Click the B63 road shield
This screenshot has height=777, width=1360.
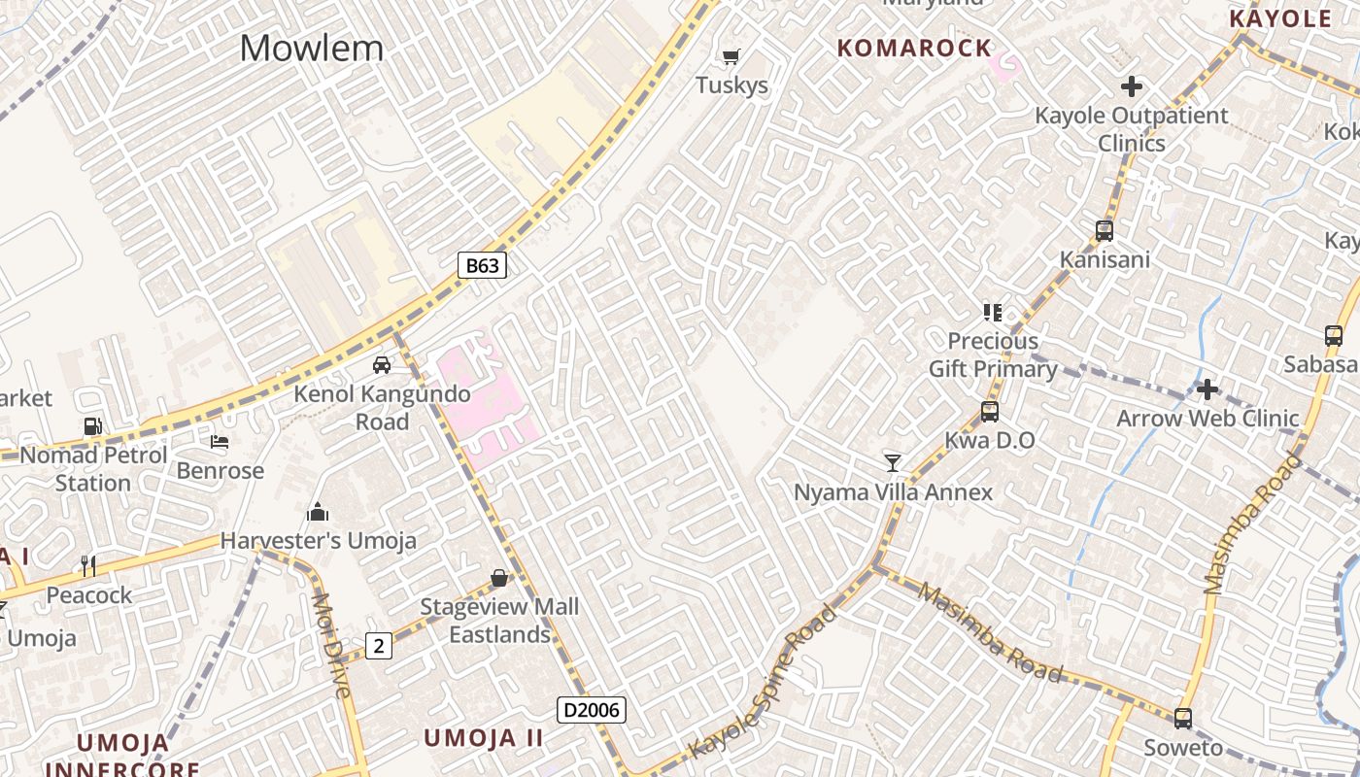tap(483, 265)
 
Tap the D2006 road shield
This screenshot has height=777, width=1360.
tap(591, 710)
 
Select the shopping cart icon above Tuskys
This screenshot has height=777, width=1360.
tap(731, 56)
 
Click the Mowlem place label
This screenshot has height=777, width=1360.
tap(312, 48)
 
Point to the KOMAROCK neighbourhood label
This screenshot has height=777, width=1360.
tap(914, 48)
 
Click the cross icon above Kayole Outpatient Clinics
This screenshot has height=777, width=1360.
tap(1132, 86)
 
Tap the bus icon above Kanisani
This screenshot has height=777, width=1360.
tap(1105, 231)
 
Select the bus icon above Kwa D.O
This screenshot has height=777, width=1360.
tap(990, 412)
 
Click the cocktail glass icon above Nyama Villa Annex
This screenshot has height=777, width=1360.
tap(893, 462)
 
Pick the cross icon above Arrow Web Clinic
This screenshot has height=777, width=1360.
tap(1207, 389)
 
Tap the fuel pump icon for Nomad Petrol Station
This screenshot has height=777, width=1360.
tap(92, 425)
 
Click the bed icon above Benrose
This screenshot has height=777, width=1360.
tap(220, 442)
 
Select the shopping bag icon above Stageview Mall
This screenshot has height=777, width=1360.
tap(499, 578)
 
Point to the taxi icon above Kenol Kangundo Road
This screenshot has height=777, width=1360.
tap(382, 365)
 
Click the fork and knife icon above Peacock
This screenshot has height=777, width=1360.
tap(88, 565)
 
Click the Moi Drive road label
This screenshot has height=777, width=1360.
tap(331, 645)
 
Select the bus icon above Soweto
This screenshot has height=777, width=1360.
tap(1182, 719)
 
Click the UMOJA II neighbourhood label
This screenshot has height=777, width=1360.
tap(483, 737)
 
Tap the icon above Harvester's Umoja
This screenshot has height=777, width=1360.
tap(318, 512)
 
